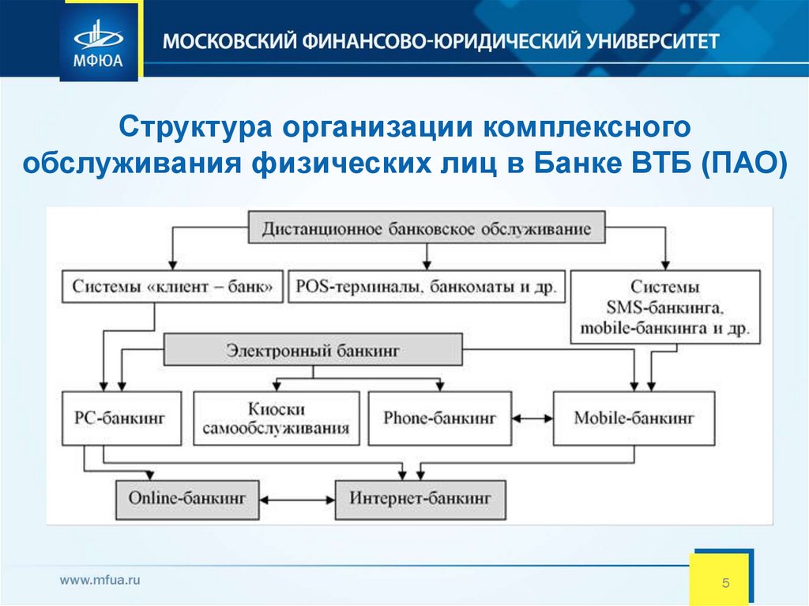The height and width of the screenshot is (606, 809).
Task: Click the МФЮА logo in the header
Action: point(99,40)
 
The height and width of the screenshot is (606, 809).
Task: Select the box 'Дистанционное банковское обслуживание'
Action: point(427,228)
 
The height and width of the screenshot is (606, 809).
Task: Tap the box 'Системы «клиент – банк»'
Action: point(172,287)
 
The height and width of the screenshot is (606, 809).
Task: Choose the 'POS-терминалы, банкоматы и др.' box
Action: point(427,287)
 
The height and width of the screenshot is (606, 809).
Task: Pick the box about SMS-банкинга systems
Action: point(664,307)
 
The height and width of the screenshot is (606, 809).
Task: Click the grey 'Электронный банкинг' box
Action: point(313,348)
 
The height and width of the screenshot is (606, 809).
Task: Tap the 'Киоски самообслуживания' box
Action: point(276,419)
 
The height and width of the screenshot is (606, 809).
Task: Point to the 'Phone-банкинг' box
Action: point(439,417)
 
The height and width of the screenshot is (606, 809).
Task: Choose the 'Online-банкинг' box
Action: point(187,499)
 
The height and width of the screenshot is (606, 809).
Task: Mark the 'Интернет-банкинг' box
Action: point(420,499)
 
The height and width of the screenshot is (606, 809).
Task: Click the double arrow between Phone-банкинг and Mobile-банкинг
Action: point(532,417)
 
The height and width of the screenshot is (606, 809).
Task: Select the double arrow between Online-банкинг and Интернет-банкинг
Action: point(297,499)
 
